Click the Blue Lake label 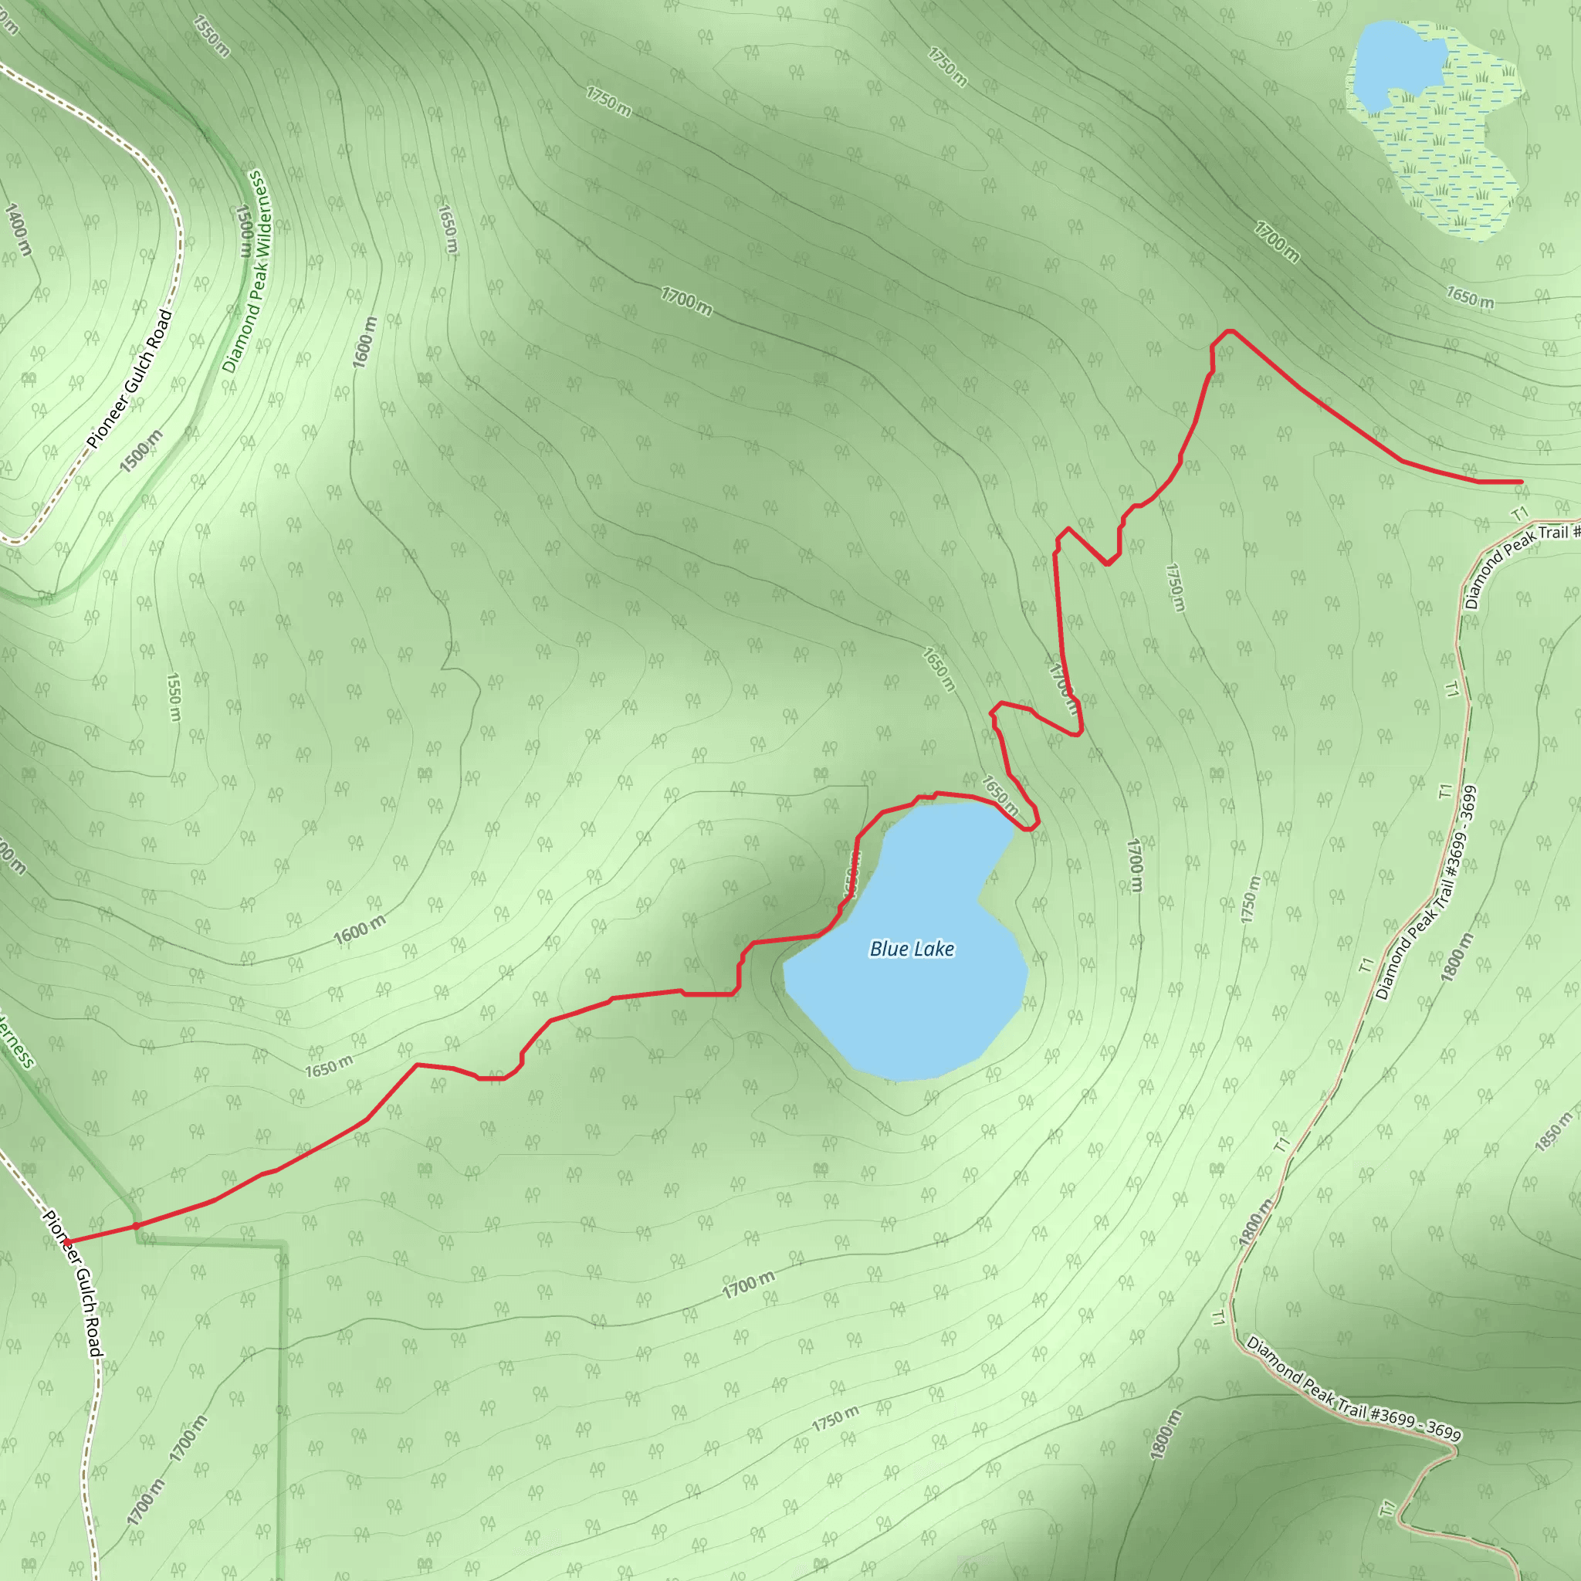click(912, 950)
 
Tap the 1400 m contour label click(18, 229)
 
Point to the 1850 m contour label click(1553, 1132)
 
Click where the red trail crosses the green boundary click(136, 1226)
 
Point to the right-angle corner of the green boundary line click(283, 1244)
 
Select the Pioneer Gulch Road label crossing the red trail click(73, 1285)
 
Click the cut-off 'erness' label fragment click(16, 1039)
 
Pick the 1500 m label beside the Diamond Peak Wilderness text click(244, 231)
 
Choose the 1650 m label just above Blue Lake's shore click(1000, 795)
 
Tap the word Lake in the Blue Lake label click(934, 950)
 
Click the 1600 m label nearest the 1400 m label click(365, 342)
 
